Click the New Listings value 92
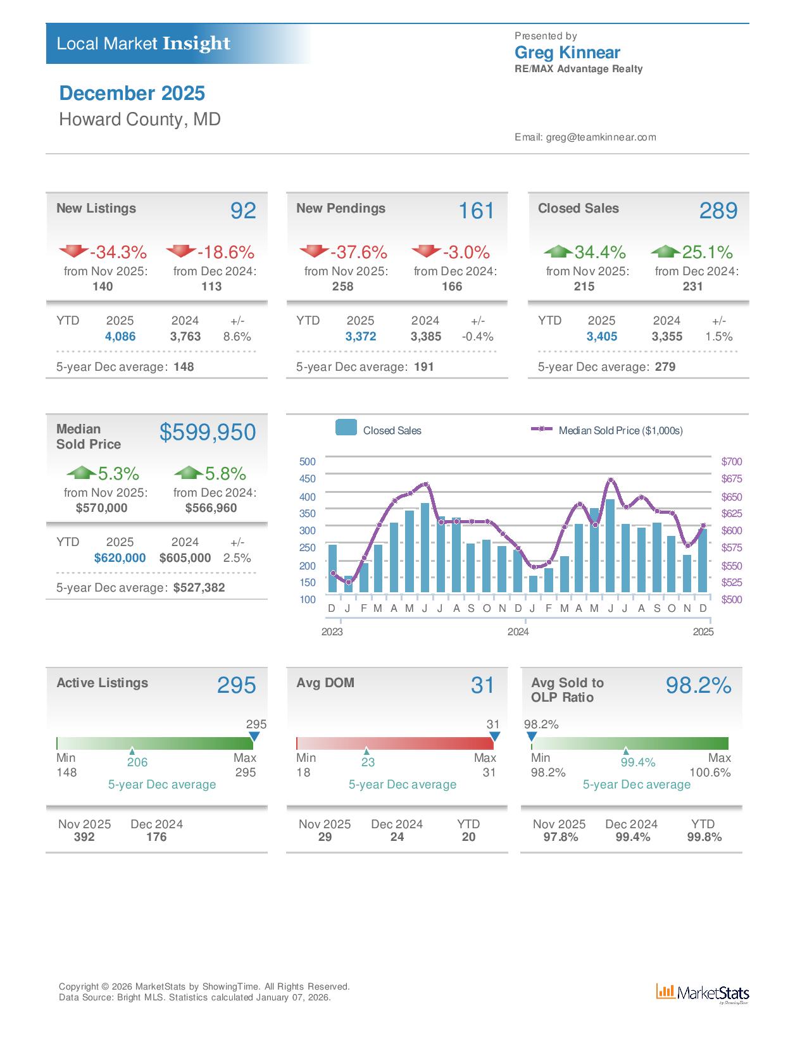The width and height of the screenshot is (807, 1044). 243,211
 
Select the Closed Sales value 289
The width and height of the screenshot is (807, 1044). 718,211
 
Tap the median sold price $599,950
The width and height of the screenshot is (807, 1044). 208,432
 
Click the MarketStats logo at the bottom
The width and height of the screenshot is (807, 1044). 703,993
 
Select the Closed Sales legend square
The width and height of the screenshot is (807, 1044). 346,428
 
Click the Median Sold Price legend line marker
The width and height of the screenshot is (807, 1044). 542,429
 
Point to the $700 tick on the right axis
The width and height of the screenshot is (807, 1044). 732,462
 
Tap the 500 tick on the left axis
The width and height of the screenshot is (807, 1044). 308,462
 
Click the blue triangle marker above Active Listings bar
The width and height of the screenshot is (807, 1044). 254,736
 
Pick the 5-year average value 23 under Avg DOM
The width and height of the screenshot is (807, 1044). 368,762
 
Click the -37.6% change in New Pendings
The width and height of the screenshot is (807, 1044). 358,252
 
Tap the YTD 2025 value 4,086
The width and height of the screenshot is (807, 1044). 120,337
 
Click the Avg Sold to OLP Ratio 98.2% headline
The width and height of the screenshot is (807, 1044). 698,685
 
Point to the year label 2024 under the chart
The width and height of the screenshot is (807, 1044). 518,632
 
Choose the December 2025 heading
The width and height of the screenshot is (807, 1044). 132,94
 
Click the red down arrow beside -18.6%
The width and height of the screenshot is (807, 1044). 181,251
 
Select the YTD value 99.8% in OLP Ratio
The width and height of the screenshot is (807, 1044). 704,837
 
